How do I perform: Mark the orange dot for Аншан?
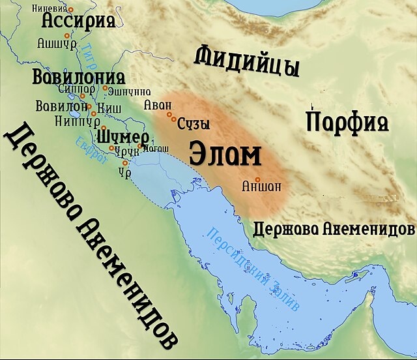[258, 179]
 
